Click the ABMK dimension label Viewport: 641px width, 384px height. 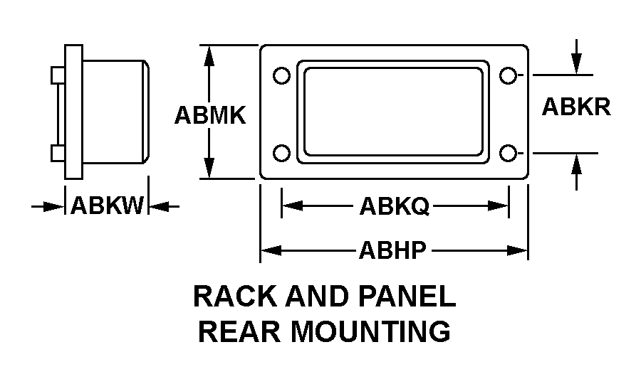[x=210, y=114]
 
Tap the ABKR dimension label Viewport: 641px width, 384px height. [x=576, y=107]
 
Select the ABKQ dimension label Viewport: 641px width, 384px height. [x=394, y=206]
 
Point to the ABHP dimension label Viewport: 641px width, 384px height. [x=392, y=250]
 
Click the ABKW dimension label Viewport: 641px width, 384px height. [x=108, y=206]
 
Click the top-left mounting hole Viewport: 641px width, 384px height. [x=281, y=75]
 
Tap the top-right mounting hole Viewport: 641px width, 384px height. [x=507, y=75]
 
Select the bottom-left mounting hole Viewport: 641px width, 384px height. [x=281, y=153]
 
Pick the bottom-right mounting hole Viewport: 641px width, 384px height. [x=507, y=153]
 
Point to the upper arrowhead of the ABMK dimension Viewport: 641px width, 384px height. [x=209, y=54]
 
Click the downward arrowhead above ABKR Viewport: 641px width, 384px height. [x=577, y=65]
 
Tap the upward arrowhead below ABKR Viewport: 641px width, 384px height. [x=577, y=163]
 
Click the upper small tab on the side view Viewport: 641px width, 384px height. [x=58, y=74]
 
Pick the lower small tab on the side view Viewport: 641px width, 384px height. [x=58, y=153]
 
